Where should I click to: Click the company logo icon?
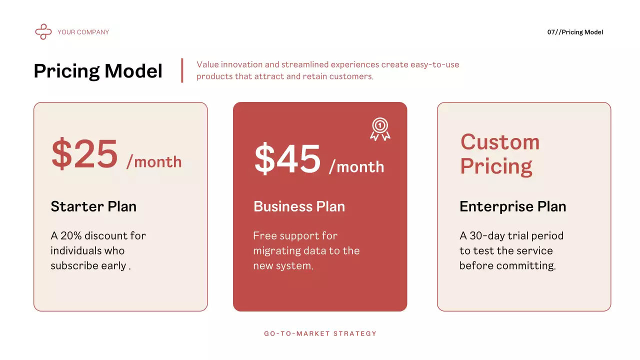[43, 32]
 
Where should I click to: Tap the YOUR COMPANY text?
[83, 32]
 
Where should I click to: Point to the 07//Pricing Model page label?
[575, 32]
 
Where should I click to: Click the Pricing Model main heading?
[98, 71]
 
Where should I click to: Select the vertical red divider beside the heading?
[182, 70]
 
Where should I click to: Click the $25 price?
[84, 154]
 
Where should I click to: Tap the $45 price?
[287, 159]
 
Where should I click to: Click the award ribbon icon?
[380, 129]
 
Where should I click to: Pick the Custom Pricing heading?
[499, 154]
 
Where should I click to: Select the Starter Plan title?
[93, 206]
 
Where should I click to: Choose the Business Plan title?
[299, 206]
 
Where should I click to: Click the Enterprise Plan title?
[512, 206]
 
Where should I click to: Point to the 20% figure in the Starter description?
[71, 235]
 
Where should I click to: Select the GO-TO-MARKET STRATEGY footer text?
[320, 333]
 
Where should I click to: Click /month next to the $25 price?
[154, 162]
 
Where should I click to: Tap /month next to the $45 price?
[356, 167]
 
